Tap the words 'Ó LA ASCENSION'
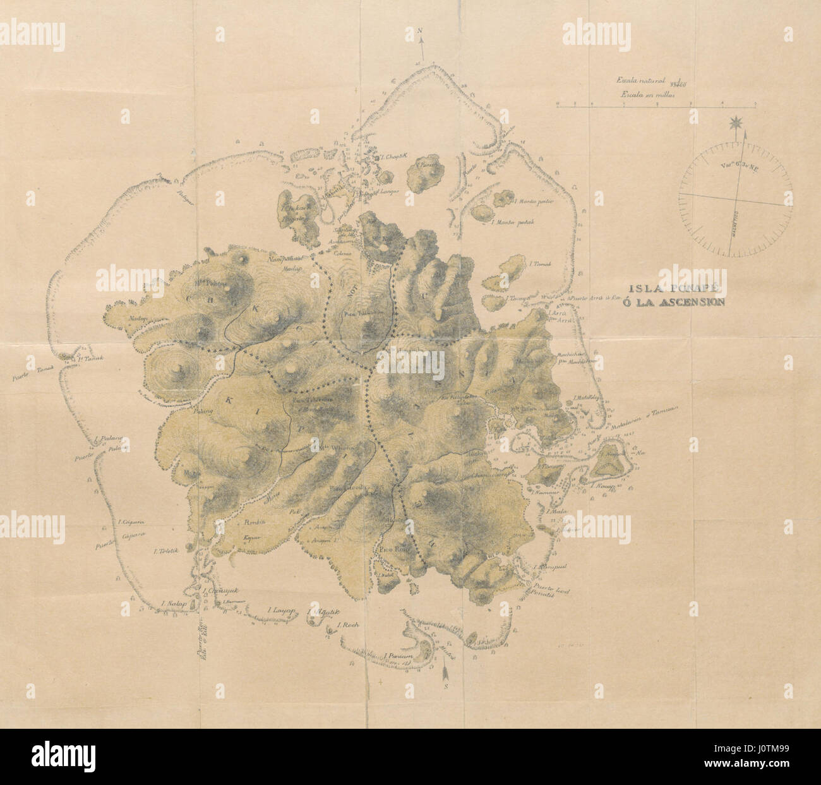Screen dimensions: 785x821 [x=692, y=302]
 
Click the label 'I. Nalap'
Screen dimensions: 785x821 [x=172, y=605]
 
